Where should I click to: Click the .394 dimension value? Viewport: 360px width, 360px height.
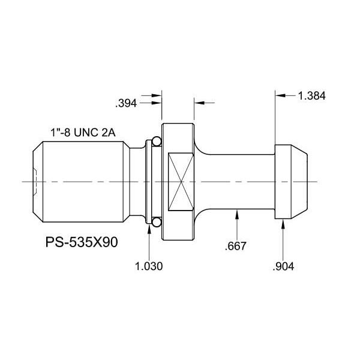tap(127, 103)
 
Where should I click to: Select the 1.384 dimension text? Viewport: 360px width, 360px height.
tap(311, 95)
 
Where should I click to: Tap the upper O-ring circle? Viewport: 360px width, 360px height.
tap(155, 142)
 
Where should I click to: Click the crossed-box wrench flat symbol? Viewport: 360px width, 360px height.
tap(181, 182)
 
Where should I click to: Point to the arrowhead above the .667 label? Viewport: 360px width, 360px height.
tap(239, 214)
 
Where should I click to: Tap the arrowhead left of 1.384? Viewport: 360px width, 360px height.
tap(280, 95)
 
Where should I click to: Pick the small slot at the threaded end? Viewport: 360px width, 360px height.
tap(35, 182)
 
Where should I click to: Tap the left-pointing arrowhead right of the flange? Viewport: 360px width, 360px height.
tap(197, 103)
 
